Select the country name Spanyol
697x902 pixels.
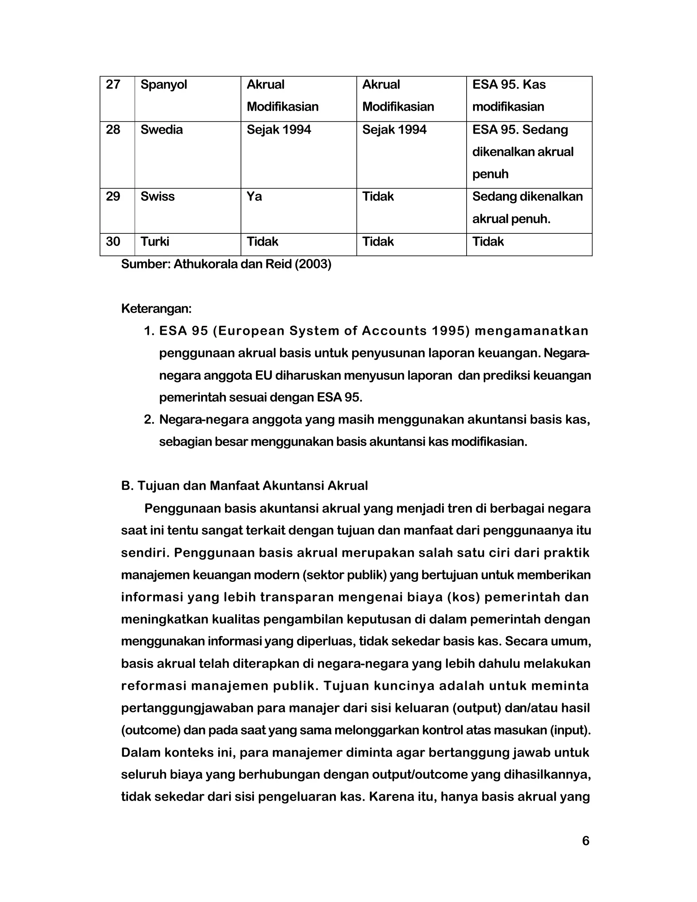(164, 85)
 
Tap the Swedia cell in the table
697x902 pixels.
(162, 130)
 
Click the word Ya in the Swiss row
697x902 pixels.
(254, 197)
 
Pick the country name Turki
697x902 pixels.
(155, 242)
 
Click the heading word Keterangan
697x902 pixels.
(156, 309)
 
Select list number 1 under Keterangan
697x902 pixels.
(148, 331)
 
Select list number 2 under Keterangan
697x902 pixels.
(148, 420)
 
